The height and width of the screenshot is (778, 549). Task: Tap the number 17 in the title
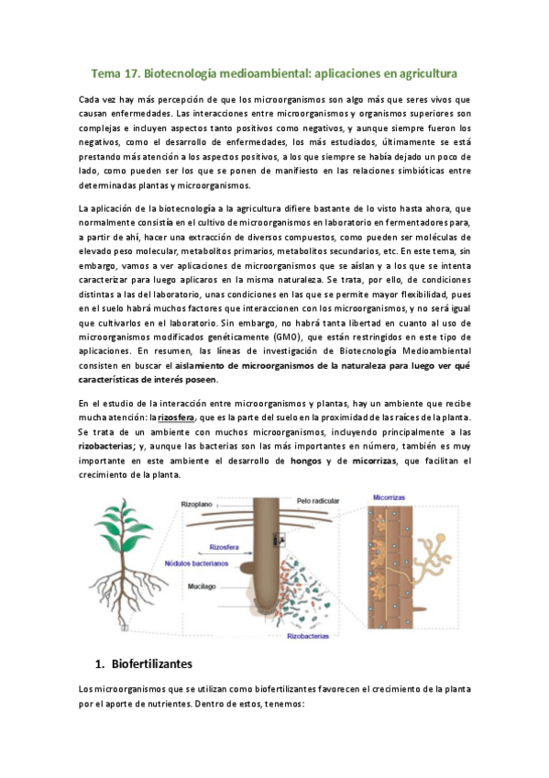click(x=141, y=72)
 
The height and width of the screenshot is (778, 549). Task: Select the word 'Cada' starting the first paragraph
click(x=91, y=99)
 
